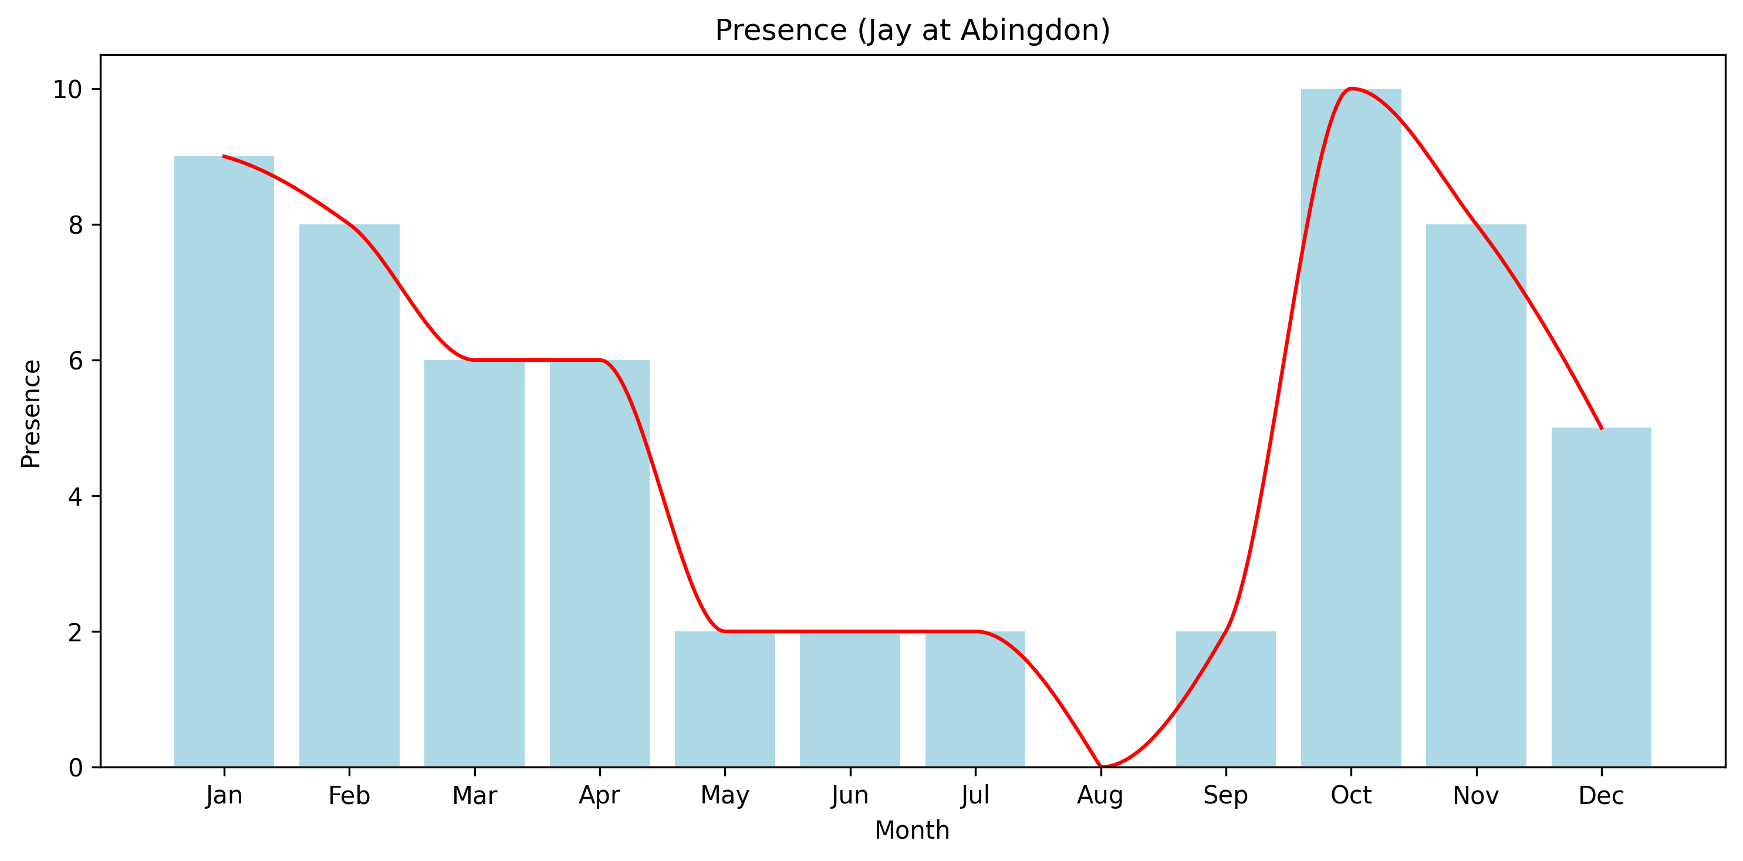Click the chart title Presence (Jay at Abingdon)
tap(912, 31)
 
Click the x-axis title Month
tap(912, 830)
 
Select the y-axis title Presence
tap(31, 413)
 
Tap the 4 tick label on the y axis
tap(75, 496)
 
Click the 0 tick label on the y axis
tap(75, 768)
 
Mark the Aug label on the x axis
tap(1100, 795)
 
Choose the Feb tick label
tap(349, 795)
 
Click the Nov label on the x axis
tap(1476, 795)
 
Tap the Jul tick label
tap(975, 795)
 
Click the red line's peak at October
tap(1350, 89)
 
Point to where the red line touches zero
tap(1101, 766)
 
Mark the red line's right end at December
tap(1601, 428)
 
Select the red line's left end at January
tap(224, 156)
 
